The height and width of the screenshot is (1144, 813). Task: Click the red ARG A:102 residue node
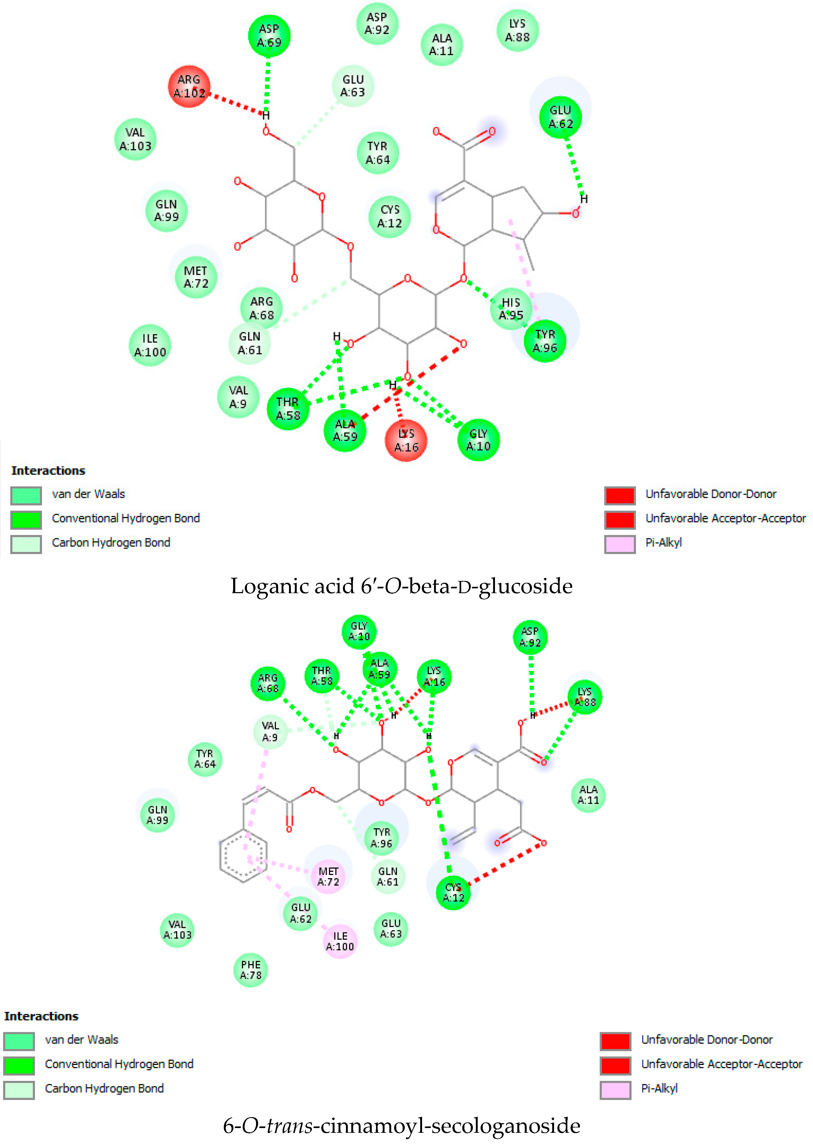tap(189, 86)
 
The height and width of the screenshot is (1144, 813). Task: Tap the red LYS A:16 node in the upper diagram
tap(406, 440)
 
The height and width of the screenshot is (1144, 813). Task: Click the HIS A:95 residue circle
tap(511, 309)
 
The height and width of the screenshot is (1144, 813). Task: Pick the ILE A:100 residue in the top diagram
tap(150, 345)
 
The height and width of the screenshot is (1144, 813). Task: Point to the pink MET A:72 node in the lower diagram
tap(328, 877)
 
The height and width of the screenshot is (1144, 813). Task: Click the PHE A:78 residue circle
tap(250, 970)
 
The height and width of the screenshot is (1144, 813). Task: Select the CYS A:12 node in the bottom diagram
tap(453, 892)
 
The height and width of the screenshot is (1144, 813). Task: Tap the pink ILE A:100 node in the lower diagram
tap(340, 941)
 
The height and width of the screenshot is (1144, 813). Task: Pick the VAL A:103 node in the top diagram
tap(135, 139)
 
